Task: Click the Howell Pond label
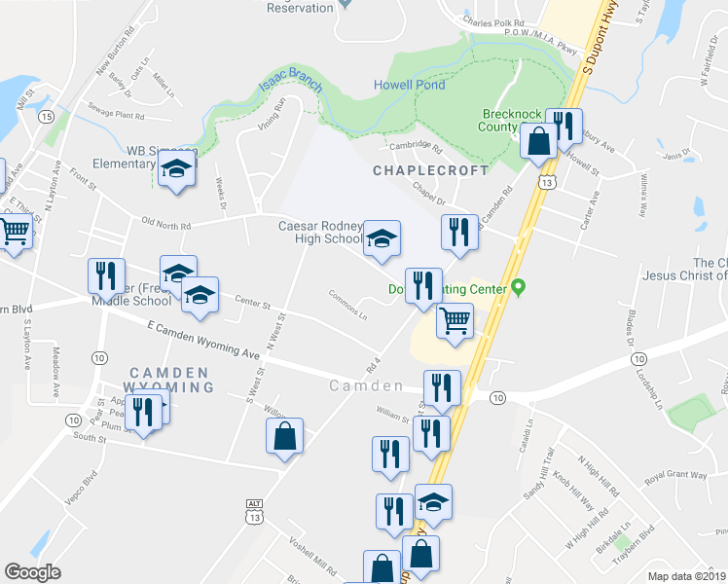click(410, 85)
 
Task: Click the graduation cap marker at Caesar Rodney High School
click(382, 238)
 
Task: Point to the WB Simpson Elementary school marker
click(176, 169)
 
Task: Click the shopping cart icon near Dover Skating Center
click(455, 320)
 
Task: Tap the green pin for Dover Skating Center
click(518, 288)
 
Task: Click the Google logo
click(33, 572)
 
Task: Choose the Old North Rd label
click(165, 225)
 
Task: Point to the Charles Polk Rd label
click(493, 20)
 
